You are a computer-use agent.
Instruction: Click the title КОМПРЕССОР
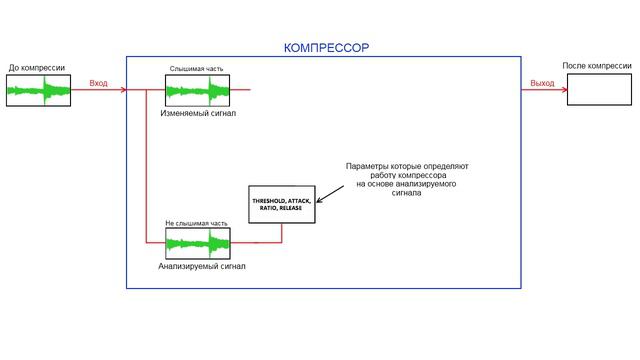326,47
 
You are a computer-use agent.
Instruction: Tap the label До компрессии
37,68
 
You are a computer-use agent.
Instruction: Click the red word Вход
98,83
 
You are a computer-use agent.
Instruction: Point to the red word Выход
542,83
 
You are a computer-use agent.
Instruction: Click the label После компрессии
596,66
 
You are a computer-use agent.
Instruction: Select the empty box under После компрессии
599,90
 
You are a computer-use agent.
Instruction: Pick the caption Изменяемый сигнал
198,114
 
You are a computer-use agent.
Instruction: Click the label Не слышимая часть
196,222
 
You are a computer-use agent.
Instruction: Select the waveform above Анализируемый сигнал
197,243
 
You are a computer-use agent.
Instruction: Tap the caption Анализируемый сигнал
201,267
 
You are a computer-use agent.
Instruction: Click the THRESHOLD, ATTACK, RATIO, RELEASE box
281,204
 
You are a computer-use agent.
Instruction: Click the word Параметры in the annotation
367,165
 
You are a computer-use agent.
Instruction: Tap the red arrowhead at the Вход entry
123,91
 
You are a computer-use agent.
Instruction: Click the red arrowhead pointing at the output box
563,91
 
